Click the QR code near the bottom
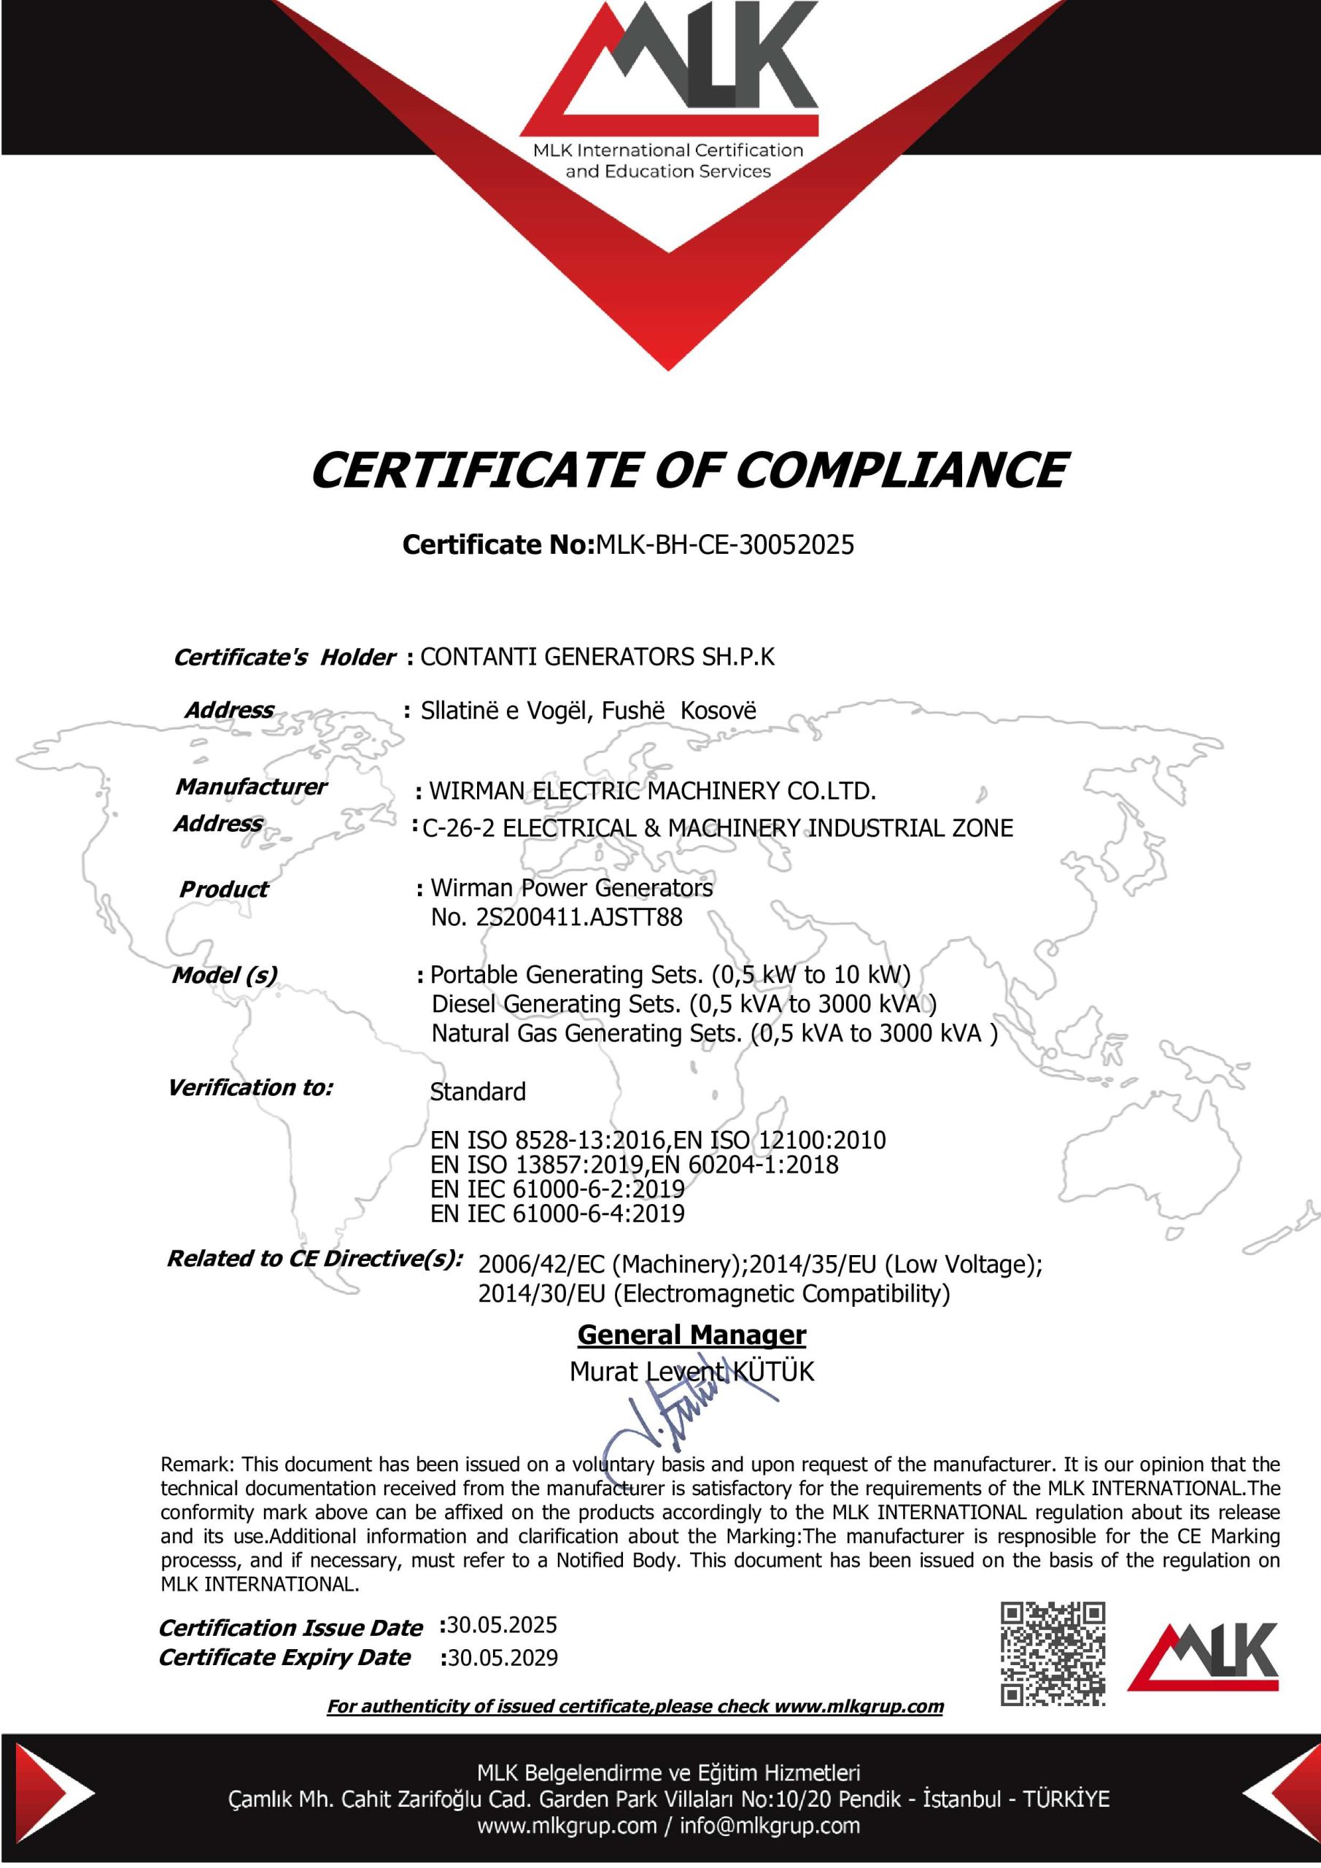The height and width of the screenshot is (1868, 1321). pos(1053,1653)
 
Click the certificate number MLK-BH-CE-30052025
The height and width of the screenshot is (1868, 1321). pos(725,544)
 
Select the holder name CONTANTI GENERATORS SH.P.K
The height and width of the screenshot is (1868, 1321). pos(597,657)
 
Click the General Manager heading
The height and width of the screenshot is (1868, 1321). pos(692,1335)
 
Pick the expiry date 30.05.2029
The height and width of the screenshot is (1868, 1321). pos(503,1658)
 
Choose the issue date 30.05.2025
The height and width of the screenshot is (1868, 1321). pos(502,1626)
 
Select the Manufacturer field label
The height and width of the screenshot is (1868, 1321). pos(250,787)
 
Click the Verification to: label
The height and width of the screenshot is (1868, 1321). pos(250,1088)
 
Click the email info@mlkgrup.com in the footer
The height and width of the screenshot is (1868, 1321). pos(770,1826)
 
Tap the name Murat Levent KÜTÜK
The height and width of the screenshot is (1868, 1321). pos(692,1372)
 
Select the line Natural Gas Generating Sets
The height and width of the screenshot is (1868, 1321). pos(714,1033)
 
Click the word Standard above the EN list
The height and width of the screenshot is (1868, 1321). pos(478,1092)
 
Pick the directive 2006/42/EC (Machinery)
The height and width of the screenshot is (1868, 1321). pos(610,1265)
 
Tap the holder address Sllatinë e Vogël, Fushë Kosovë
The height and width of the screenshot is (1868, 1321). pos(588,710)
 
